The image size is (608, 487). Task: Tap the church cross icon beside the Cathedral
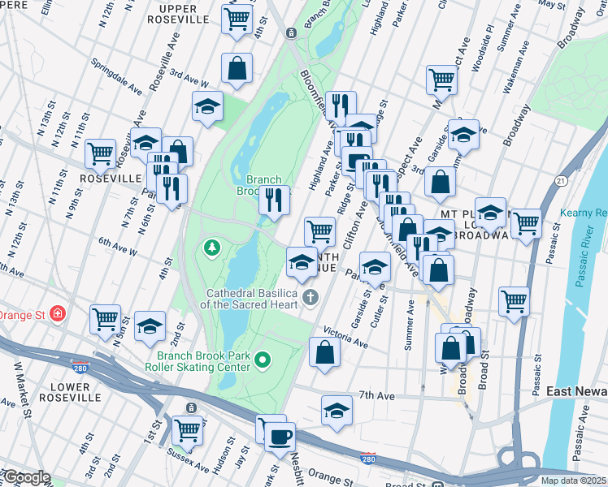[x=310, y=298]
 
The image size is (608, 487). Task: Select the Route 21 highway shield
[x=562, y=180]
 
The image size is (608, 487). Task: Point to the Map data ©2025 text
[x=572, y=481]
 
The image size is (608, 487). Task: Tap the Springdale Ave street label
[x=118, y=74]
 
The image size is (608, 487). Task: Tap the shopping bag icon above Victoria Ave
[x=324, y=352]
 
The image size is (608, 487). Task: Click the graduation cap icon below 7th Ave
[x=337, y=411]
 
